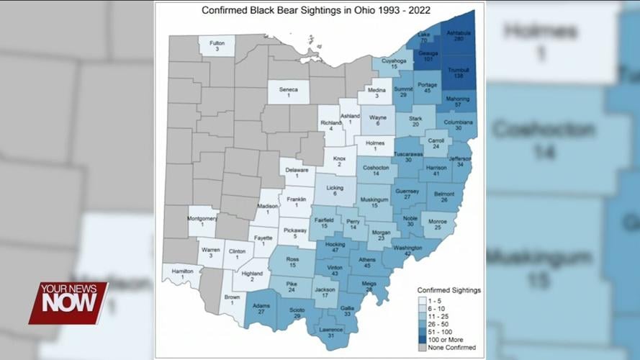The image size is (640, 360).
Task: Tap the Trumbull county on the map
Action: click(459, 72)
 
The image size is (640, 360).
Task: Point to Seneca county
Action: click(288, 92)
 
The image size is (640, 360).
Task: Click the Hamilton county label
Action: click(182, 273)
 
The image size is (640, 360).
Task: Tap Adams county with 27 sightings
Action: click(262, 308)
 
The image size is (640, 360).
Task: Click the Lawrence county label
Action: click(331, 332)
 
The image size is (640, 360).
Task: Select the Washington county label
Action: click(407, 250)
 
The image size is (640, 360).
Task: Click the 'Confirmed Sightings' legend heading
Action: click(449, 290)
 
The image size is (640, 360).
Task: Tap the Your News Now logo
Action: click(68, 302)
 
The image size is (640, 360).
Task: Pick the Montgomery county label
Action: click(202, 222)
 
